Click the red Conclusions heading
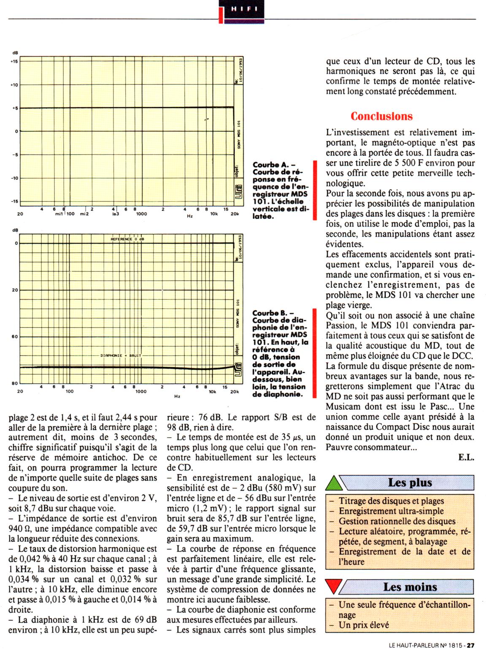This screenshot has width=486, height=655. coord(382,116)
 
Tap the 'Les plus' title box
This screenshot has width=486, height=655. coord(410,483)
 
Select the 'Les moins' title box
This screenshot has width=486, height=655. coord(410,587)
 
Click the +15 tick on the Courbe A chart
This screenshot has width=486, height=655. coord(14,62)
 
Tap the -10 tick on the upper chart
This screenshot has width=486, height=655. coord(14,178)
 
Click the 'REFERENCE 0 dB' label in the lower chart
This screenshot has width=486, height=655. coord(127,239)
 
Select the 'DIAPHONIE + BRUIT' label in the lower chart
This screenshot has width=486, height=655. coord(121,355)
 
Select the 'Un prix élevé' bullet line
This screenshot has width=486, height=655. coord(364,625)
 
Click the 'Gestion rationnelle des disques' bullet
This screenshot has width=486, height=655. coord(397,521)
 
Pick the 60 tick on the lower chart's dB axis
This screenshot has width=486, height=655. coord(15,337)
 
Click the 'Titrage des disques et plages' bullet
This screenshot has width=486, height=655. coord(391,501)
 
